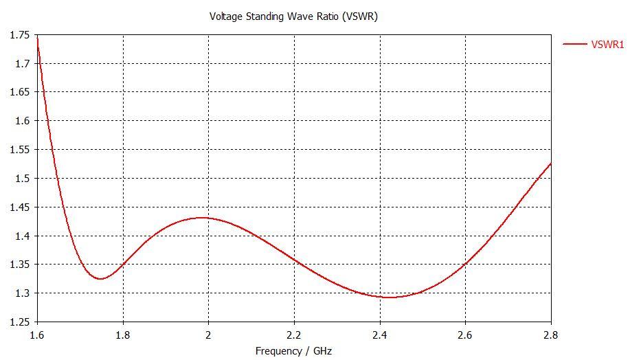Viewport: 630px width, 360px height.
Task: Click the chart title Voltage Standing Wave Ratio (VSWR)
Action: coord(293,16)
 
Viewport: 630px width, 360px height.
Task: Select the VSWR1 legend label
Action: coord(607,45)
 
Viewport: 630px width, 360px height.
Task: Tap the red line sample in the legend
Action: coord(575,45)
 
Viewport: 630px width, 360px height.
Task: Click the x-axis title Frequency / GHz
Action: coord(293,351)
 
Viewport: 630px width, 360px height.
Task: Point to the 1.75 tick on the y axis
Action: coord(19,35)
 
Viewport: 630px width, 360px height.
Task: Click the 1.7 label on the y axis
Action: coord(22,64)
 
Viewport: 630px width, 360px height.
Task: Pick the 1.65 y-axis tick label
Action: coord(19,92)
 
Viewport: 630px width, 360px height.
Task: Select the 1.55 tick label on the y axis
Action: coord(19,150)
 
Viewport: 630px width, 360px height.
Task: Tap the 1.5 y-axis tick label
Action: coord(22,179)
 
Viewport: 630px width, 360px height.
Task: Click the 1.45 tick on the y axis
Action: coord(19,207)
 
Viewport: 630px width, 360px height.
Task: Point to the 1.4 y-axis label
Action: coord(22,236)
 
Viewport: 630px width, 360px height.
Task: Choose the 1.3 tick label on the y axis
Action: coord(22,293)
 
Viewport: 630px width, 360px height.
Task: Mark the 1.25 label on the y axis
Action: coord(19,322)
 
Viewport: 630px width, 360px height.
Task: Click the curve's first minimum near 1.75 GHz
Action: coord(100,279)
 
